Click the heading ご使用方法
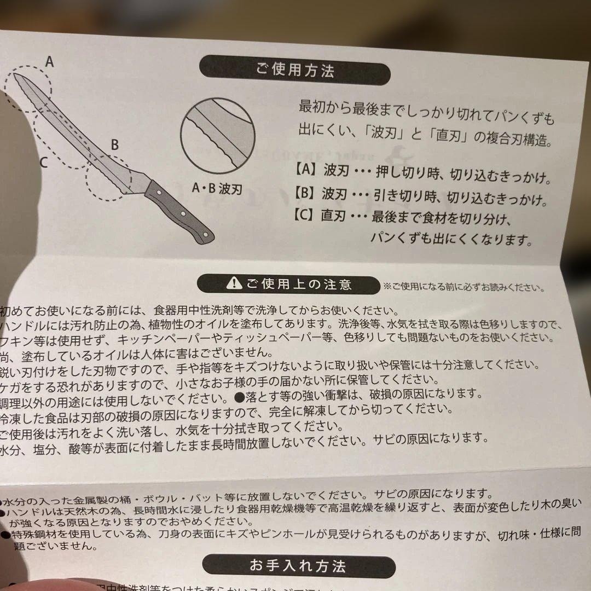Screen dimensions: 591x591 (295, 71)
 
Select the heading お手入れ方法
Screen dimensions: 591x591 (298, 565)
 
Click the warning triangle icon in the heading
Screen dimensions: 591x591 (234, 284)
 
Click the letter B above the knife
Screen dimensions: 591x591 (114, 145)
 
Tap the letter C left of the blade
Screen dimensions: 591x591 (44, 162)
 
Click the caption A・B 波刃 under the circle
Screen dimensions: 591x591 (217, 189)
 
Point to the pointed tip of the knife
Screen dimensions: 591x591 (14, 75)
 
